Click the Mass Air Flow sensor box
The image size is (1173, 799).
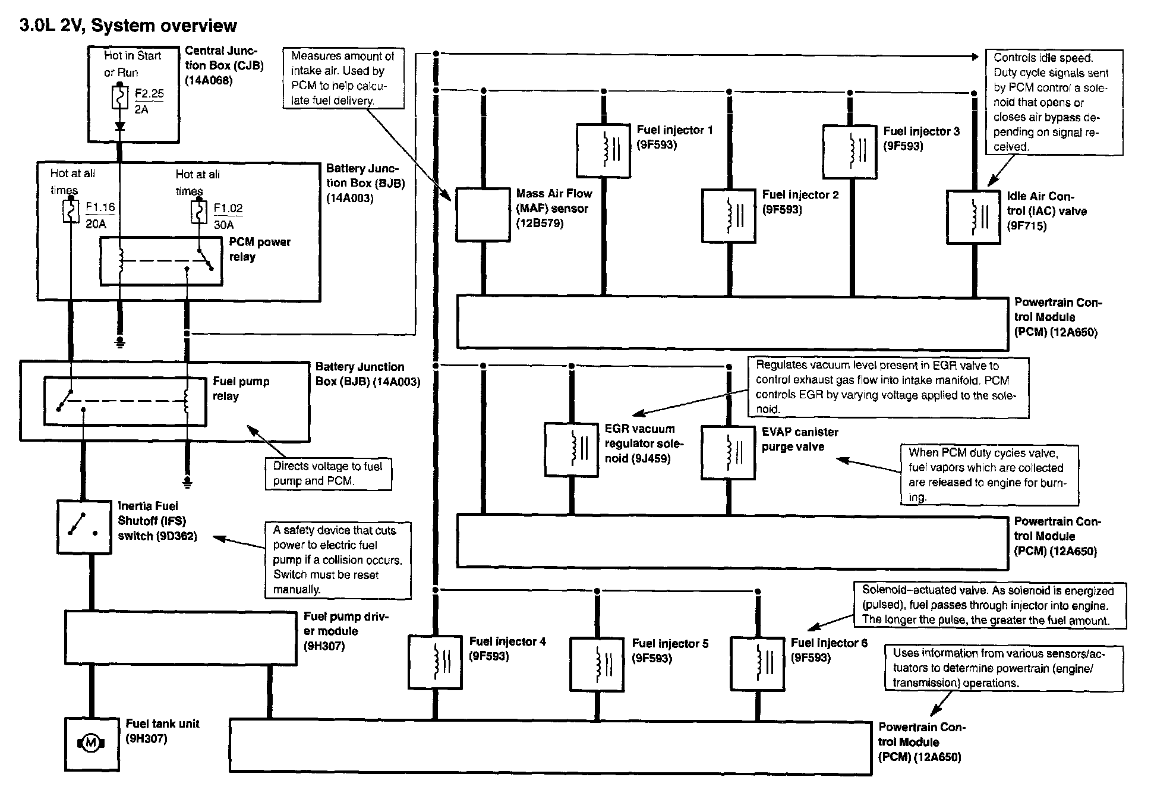point(483,215)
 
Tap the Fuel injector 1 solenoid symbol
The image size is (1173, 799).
point(603,150)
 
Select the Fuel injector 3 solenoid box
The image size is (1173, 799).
point(850,152)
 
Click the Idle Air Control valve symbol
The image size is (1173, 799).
point(973,217)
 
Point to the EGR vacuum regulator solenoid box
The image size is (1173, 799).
point(571,449)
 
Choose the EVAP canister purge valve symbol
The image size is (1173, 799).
point(728,452)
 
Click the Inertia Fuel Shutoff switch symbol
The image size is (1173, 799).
point(84,527)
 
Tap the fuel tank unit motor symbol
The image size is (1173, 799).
point(91,743)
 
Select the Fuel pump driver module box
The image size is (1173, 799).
point(181,638)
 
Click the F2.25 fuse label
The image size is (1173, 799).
point(149,94)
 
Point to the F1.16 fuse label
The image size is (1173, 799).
point(100,207)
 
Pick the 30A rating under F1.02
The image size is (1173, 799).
point(223,225)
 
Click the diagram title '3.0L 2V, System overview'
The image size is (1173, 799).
point(128,26)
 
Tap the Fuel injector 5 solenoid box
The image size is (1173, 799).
point(597,664)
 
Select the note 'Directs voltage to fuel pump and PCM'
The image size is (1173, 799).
point(329,474)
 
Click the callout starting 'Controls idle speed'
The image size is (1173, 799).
point(1055,102)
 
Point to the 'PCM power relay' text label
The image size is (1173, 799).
point(260,250)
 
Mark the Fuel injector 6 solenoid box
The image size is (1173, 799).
point(757,663)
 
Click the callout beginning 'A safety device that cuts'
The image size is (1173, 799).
point(338,560)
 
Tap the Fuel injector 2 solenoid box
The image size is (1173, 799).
point(729,216)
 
